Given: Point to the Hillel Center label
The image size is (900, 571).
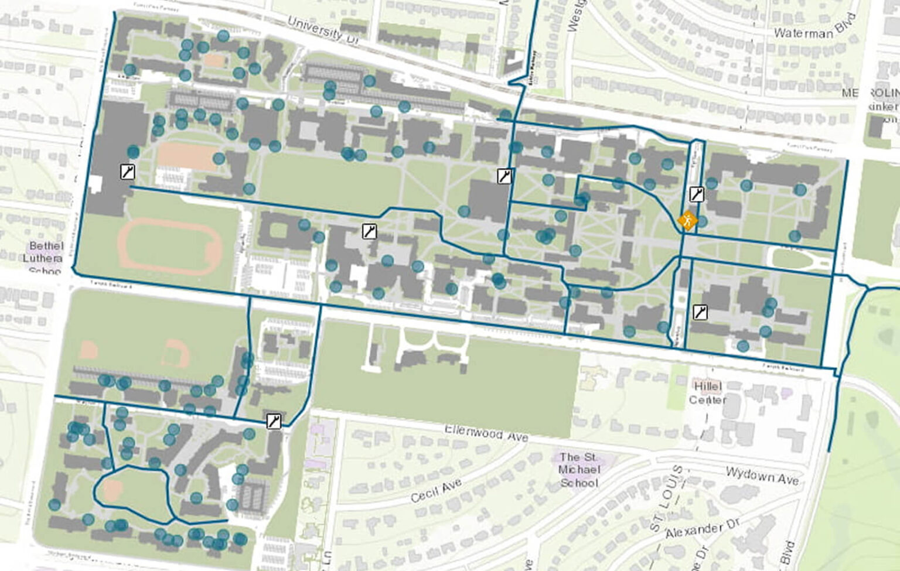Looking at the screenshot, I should [708, 393].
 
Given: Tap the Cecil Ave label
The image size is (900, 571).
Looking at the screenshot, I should [435, 490].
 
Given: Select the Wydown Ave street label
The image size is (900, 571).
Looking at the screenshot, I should [762, 476].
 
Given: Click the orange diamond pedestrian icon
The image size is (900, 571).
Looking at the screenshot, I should [687, 221].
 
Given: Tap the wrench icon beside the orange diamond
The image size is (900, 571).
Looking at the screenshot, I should [696, 194].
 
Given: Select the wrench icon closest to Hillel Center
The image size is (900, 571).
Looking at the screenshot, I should [700, 312].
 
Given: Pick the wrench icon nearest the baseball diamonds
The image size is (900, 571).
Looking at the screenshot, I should [274, 420].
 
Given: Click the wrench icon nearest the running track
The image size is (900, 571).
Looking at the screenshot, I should [127, 172].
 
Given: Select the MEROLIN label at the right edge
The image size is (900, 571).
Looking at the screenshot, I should [870, 94].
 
